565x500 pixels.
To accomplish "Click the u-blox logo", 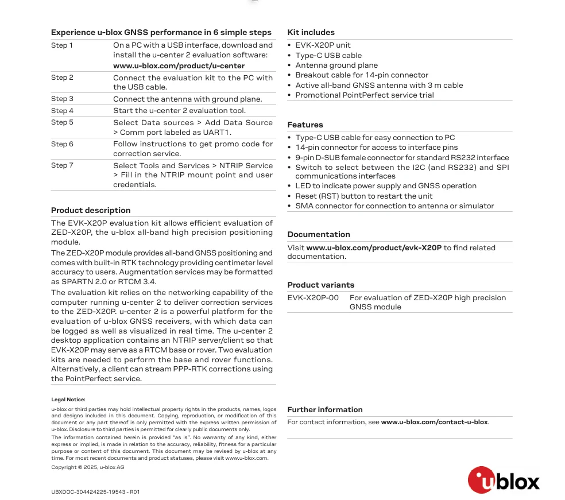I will click(504, 480).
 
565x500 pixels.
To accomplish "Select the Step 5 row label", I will click(62, 122).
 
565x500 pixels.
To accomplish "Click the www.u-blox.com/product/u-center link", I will click(179, 66).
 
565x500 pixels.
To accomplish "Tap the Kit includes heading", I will click(311, 33).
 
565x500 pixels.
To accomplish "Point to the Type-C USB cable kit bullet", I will click(328, 56).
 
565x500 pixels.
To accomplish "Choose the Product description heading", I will click(91, 211).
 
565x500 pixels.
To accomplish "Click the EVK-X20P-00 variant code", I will click(313, 298).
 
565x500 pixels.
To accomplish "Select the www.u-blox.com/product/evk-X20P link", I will click(374, 248).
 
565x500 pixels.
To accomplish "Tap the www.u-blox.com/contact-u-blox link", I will click(434, 422).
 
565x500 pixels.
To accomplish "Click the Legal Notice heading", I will click(68, 400).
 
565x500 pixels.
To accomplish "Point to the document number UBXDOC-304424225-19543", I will click(95, 492).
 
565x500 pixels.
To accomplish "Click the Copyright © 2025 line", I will click(87, 467).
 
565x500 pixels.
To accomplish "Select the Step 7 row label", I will click(62, 165).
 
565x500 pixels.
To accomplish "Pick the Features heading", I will click(305, 125).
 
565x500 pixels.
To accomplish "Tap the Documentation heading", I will click(319, 235).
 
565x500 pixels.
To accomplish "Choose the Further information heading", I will click(325, 410).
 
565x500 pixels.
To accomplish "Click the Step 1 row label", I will click(62, 45).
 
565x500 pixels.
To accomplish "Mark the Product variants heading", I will click(321, 285).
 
